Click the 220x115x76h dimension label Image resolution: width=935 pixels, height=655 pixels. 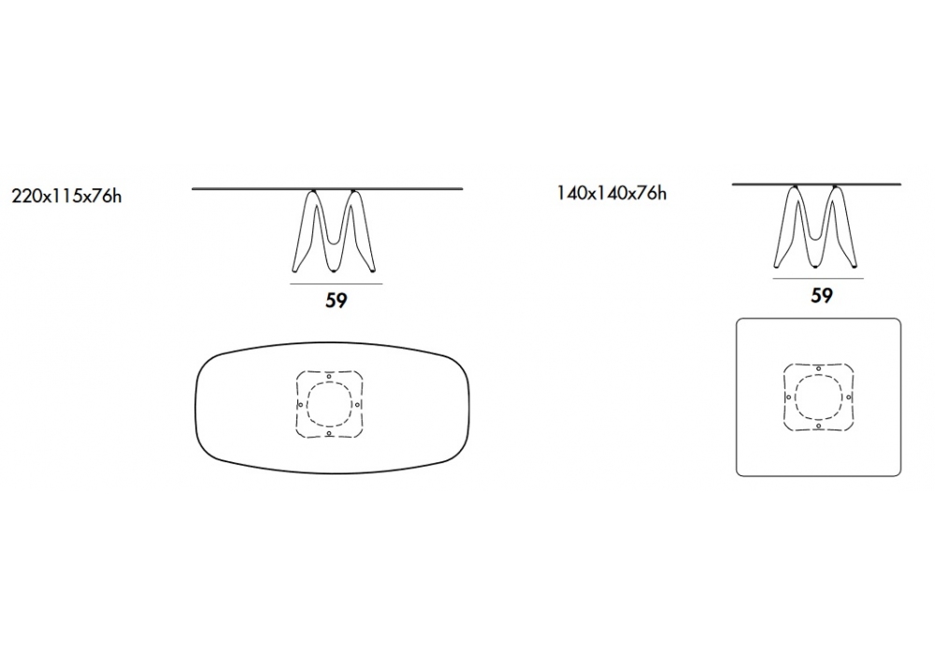pyautogui.click(x=66, y=196)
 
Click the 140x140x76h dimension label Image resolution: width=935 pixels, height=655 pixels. pyautogui.click(x=611, y=194)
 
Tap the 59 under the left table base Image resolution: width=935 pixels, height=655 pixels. pyautogui.click(x=337, y=300)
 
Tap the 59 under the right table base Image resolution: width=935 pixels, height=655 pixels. pyautogui.click(x=822, y=296)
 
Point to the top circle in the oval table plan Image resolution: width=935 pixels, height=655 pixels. pyautogui.click(x=329, y=376)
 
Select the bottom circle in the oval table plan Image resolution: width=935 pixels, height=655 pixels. pyautogui.click(x=329, y=433)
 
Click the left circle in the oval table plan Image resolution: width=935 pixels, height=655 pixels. pyautogui.click(x=300, y=405)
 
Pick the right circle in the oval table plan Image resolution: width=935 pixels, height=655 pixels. pyautogui.click(x=358, y=405)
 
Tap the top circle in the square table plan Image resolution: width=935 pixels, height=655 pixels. pyautogui.click(x=819, y=369)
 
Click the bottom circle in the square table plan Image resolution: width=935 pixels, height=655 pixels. pyautogui.click(x=819, y=426)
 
